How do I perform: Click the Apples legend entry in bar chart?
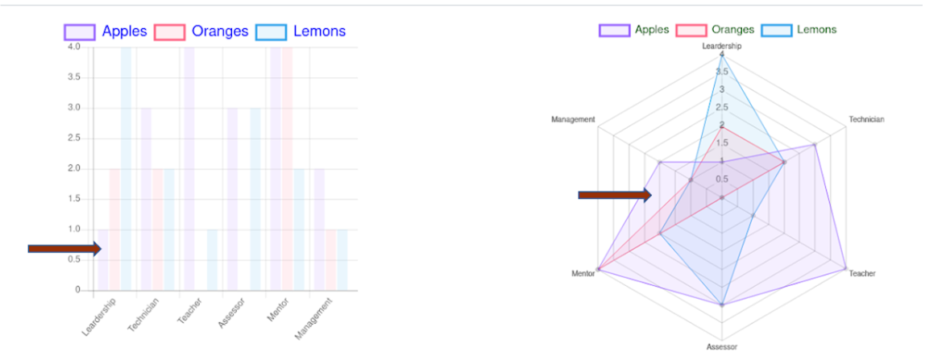[106, 31]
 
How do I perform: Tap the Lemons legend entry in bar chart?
[301, 31]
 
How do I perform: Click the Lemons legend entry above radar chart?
[799, 30]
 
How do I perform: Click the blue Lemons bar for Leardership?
[127, 169]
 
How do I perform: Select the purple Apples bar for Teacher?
[189, 169]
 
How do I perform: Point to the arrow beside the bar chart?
[64, 249]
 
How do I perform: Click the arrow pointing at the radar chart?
[615, 194]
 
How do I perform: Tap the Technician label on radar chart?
[866, 120]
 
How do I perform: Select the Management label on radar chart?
[573, 120]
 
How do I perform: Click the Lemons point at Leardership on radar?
[722, 55]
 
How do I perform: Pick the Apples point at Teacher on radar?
[845, 269]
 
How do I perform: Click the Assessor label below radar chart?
[721, 347]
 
